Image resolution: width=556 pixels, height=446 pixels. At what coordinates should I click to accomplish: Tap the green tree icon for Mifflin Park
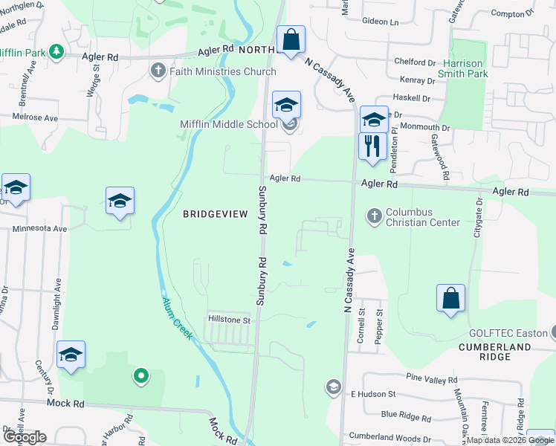coord(56,51)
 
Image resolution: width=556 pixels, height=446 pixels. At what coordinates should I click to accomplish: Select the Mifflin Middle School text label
coord(229,124)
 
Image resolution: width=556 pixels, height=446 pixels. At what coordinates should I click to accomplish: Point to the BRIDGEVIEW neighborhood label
coord(215,214)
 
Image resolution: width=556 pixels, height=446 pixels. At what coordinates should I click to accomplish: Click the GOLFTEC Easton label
coord(507,333)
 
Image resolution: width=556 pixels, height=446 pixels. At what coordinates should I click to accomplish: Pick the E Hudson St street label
coord(376,393)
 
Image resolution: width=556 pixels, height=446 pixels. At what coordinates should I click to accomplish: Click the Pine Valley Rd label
coord(430,380)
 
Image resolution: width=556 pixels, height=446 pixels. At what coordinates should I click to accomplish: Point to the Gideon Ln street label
coord(381,22)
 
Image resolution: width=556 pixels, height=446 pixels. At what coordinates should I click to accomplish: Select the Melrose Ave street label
coord(34,117)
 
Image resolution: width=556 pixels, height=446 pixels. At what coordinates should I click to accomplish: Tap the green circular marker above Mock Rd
coord(140,377)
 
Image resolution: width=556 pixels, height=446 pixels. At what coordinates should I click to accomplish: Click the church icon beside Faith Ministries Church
coord(158,71)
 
